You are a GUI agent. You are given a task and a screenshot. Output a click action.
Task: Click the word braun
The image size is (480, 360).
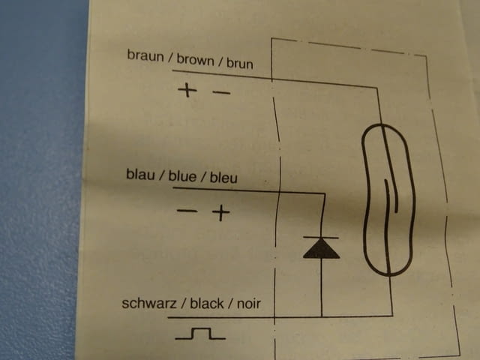coord(145,55)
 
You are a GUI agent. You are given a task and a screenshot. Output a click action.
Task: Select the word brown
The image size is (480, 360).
coord(195,60)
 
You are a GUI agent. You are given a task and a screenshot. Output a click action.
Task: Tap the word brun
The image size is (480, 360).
coord(240,63)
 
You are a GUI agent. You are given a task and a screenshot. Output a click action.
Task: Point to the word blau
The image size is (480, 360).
coord(140,175)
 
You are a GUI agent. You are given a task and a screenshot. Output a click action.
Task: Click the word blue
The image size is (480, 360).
coord(182,176)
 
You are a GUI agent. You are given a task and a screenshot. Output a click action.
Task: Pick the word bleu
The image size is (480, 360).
coord(223,178)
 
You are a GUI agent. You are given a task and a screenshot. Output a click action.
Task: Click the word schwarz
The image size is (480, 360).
coord(149,303)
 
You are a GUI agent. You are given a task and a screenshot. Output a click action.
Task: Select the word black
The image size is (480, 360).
coord(207,303)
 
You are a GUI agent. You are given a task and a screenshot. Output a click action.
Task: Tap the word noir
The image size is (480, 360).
coord(249,304)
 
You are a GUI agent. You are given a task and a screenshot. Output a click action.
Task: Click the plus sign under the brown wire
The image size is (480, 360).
coord(187,90)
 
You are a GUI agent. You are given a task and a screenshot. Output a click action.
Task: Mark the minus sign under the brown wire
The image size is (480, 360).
coord(221,92)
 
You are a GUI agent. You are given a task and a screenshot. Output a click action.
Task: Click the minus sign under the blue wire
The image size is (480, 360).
coord(187,211)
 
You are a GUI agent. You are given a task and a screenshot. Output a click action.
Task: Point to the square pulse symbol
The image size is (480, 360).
coord(200,334)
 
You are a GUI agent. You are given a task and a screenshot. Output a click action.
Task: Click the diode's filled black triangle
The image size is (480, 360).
coord(322,248)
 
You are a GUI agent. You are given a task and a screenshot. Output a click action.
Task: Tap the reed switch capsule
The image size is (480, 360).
coord(388,199)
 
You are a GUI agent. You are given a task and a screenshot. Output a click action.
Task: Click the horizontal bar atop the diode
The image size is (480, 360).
coord(321,237)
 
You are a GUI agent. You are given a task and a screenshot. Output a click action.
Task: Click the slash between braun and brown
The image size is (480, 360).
coord(170,58)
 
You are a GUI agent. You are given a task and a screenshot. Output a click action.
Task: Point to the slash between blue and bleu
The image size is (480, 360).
coord(203,177)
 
